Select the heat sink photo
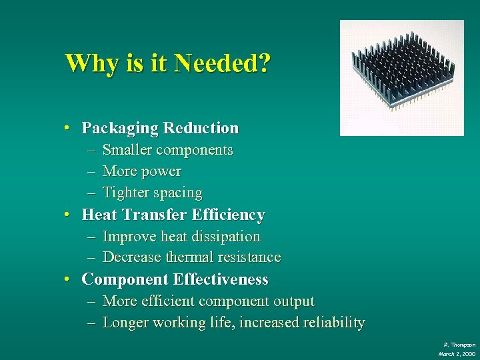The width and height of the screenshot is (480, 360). tap(401, 77)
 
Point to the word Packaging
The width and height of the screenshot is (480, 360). tap(120, 128)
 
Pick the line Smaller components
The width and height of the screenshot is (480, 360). tap(167, 150)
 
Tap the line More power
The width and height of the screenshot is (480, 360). tap(141, 171)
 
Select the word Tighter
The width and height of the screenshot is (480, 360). tap(126, 193)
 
